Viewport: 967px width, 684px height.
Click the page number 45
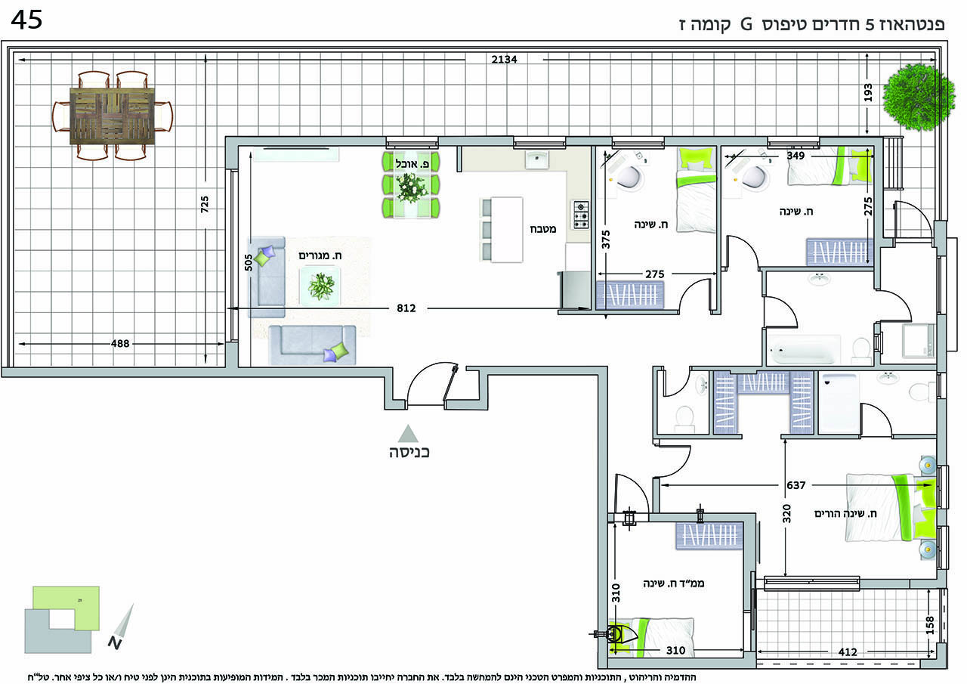tap(26, 20)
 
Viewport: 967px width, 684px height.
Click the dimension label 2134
tap(504, 59)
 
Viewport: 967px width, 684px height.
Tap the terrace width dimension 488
tap(120, 344)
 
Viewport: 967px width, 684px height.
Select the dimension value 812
tap(406, 308)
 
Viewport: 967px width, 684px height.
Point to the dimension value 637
tap(796, 485)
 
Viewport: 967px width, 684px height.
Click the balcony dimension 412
tap(848, 652)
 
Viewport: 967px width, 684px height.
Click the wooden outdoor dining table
tap(113, 116)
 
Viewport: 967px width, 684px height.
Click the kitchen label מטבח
tap(542, 229)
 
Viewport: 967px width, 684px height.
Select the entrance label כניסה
tap(409, 452)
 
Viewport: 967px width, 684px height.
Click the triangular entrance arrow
tap(408, 434)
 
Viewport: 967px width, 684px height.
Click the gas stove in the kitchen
tap(581, 215)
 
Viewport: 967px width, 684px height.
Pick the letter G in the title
tap(746, 25)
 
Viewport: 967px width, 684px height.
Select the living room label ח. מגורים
tap(320, 255)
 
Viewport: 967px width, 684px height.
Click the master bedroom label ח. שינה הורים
tap(845, 513)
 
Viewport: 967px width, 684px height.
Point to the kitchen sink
tap(537, 159)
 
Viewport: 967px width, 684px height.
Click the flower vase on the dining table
tap(410, 187)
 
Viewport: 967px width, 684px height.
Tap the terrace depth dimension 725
tap(205, 204)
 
